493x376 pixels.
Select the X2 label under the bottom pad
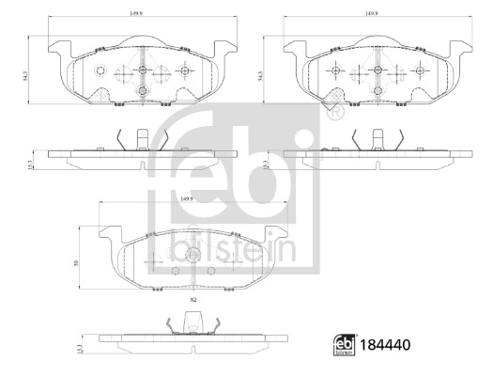[193, 298]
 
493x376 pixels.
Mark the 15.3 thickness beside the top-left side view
[32, 164]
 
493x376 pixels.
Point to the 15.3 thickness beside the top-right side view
[266, 164]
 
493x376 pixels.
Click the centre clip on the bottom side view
[193, 321]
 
